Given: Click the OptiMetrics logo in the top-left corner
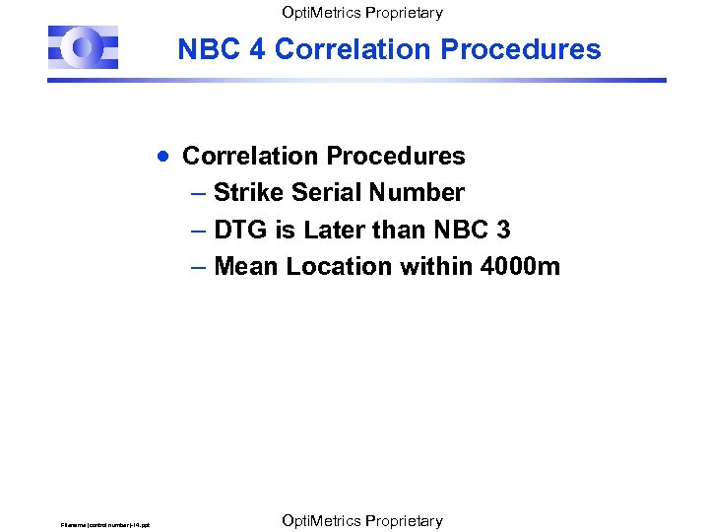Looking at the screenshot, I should click(x=84, y=47).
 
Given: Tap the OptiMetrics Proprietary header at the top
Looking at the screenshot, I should click(x=361, y=13).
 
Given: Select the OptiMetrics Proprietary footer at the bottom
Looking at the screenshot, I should click(x=361, y=520).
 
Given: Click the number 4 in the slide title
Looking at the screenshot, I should click(x=257, y=49).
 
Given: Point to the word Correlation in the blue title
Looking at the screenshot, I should click(x=355, y=49).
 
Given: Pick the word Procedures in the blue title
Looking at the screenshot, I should click(x=523, y=49).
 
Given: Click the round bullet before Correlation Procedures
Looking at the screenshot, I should click(x=164, y=156).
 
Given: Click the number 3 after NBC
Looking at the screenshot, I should click(x=503, y=229).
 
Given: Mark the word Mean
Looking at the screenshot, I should click(x=246, y=265).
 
